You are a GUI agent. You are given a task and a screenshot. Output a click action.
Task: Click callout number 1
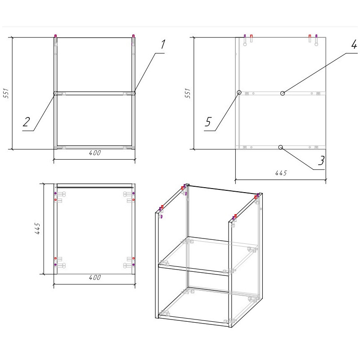[x=163, y=44]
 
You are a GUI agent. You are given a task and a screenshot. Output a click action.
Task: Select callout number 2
[x=27, y=122]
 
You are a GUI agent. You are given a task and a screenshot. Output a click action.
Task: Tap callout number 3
[x=321, y=161]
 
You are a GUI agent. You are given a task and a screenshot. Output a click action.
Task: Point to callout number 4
[x=354, y=44]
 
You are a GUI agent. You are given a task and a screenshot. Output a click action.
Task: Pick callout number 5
[x=208, y=121]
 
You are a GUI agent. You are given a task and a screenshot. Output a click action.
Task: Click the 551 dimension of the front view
[x=6, y=93]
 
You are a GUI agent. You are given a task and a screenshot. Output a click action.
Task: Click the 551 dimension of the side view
[x=188, y=93]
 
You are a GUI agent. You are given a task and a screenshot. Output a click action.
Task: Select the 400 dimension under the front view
[x=95, y=153]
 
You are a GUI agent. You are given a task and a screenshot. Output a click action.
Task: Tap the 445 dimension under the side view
[x=281, y=173]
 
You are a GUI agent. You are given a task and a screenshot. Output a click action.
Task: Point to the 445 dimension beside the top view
[x=37, y=228]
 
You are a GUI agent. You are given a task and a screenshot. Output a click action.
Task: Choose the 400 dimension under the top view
[x=95, y=277]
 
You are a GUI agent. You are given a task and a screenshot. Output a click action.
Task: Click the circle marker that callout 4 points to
[x=283, y=93]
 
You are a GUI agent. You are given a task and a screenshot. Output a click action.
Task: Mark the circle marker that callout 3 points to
[x=280, y=147]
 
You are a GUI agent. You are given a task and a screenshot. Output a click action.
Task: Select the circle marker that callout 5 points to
[x=239, y=92]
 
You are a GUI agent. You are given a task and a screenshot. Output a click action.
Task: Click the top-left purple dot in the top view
[x=55, y=193]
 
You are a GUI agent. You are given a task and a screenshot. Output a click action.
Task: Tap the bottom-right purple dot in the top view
[x=133, y=265]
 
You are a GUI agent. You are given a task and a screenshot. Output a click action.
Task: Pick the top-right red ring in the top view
[x=133, y=200]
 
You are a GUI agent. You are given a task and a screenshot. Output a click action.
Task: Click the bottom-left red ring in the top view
[x=55, y=258]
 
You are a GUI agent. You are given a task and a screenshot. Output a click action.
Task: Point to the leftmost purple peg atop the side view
[x=245, y=36]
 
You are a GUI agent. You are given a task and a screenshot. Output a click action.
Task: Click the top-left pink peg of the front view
[x=55, y=36]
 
